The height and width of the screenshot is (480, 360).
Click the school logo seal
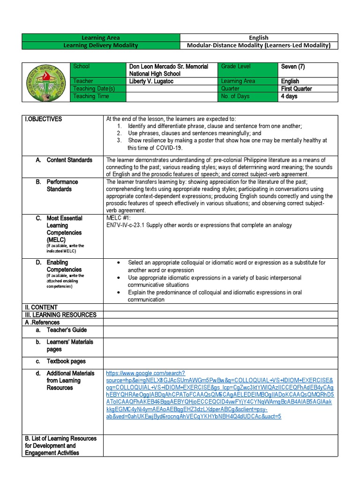[x=46, y=81]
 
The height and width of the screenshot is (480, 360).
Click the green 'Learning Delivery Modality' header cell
[x=101, y=45]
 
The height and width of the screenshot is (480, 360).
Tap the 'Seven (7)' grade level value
[x=293, y=67]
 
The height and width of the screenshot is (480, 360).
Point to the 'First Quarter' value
[x=296, y=89]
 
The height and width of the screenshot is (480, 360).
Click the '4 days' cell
[x=289, y=96]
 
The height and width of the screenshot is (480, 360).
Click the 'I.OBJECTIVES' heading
[x=43, y=119]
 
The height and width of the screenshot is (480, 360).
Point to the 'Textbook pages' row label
[x=66, y=361]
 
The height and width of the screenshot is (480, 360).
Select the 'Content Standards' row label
[x=69, y=160]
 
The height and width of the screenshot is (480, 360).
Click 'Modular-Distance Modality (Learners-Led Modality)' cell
[x=259, y=45]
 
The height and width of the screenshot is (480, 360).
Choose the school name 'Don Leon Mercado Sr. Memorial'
[x=169, y=67]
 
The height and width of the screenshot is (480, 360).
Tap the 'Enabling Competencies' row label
[x=64, y=266]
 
